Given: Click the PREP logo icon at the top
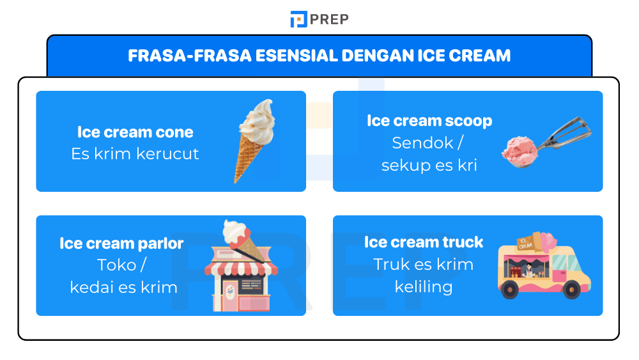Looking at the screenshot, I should pos(298,19).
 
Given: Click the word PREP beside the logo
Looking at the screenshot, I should pos(329,19).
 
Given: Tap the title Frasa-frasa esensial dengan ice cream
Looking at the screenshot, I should pos(319,56).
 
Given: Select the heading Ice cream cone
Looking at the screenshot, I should pos(135,132).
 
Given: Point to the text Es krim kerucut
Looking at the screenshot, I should pos(135,154).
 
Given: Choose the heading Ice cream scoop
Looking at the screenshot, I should pos(429,121).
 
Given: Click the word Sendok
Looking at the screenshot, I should pos(422,143).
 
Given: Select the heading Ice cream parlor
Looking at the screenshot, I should pos(121,244).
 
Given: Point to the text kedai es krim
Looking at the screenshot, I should pos(123,287).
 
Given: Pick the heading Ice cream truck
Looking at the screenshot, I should pos(423,242).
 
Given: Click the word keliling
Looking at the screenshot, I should pos(423,286).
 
